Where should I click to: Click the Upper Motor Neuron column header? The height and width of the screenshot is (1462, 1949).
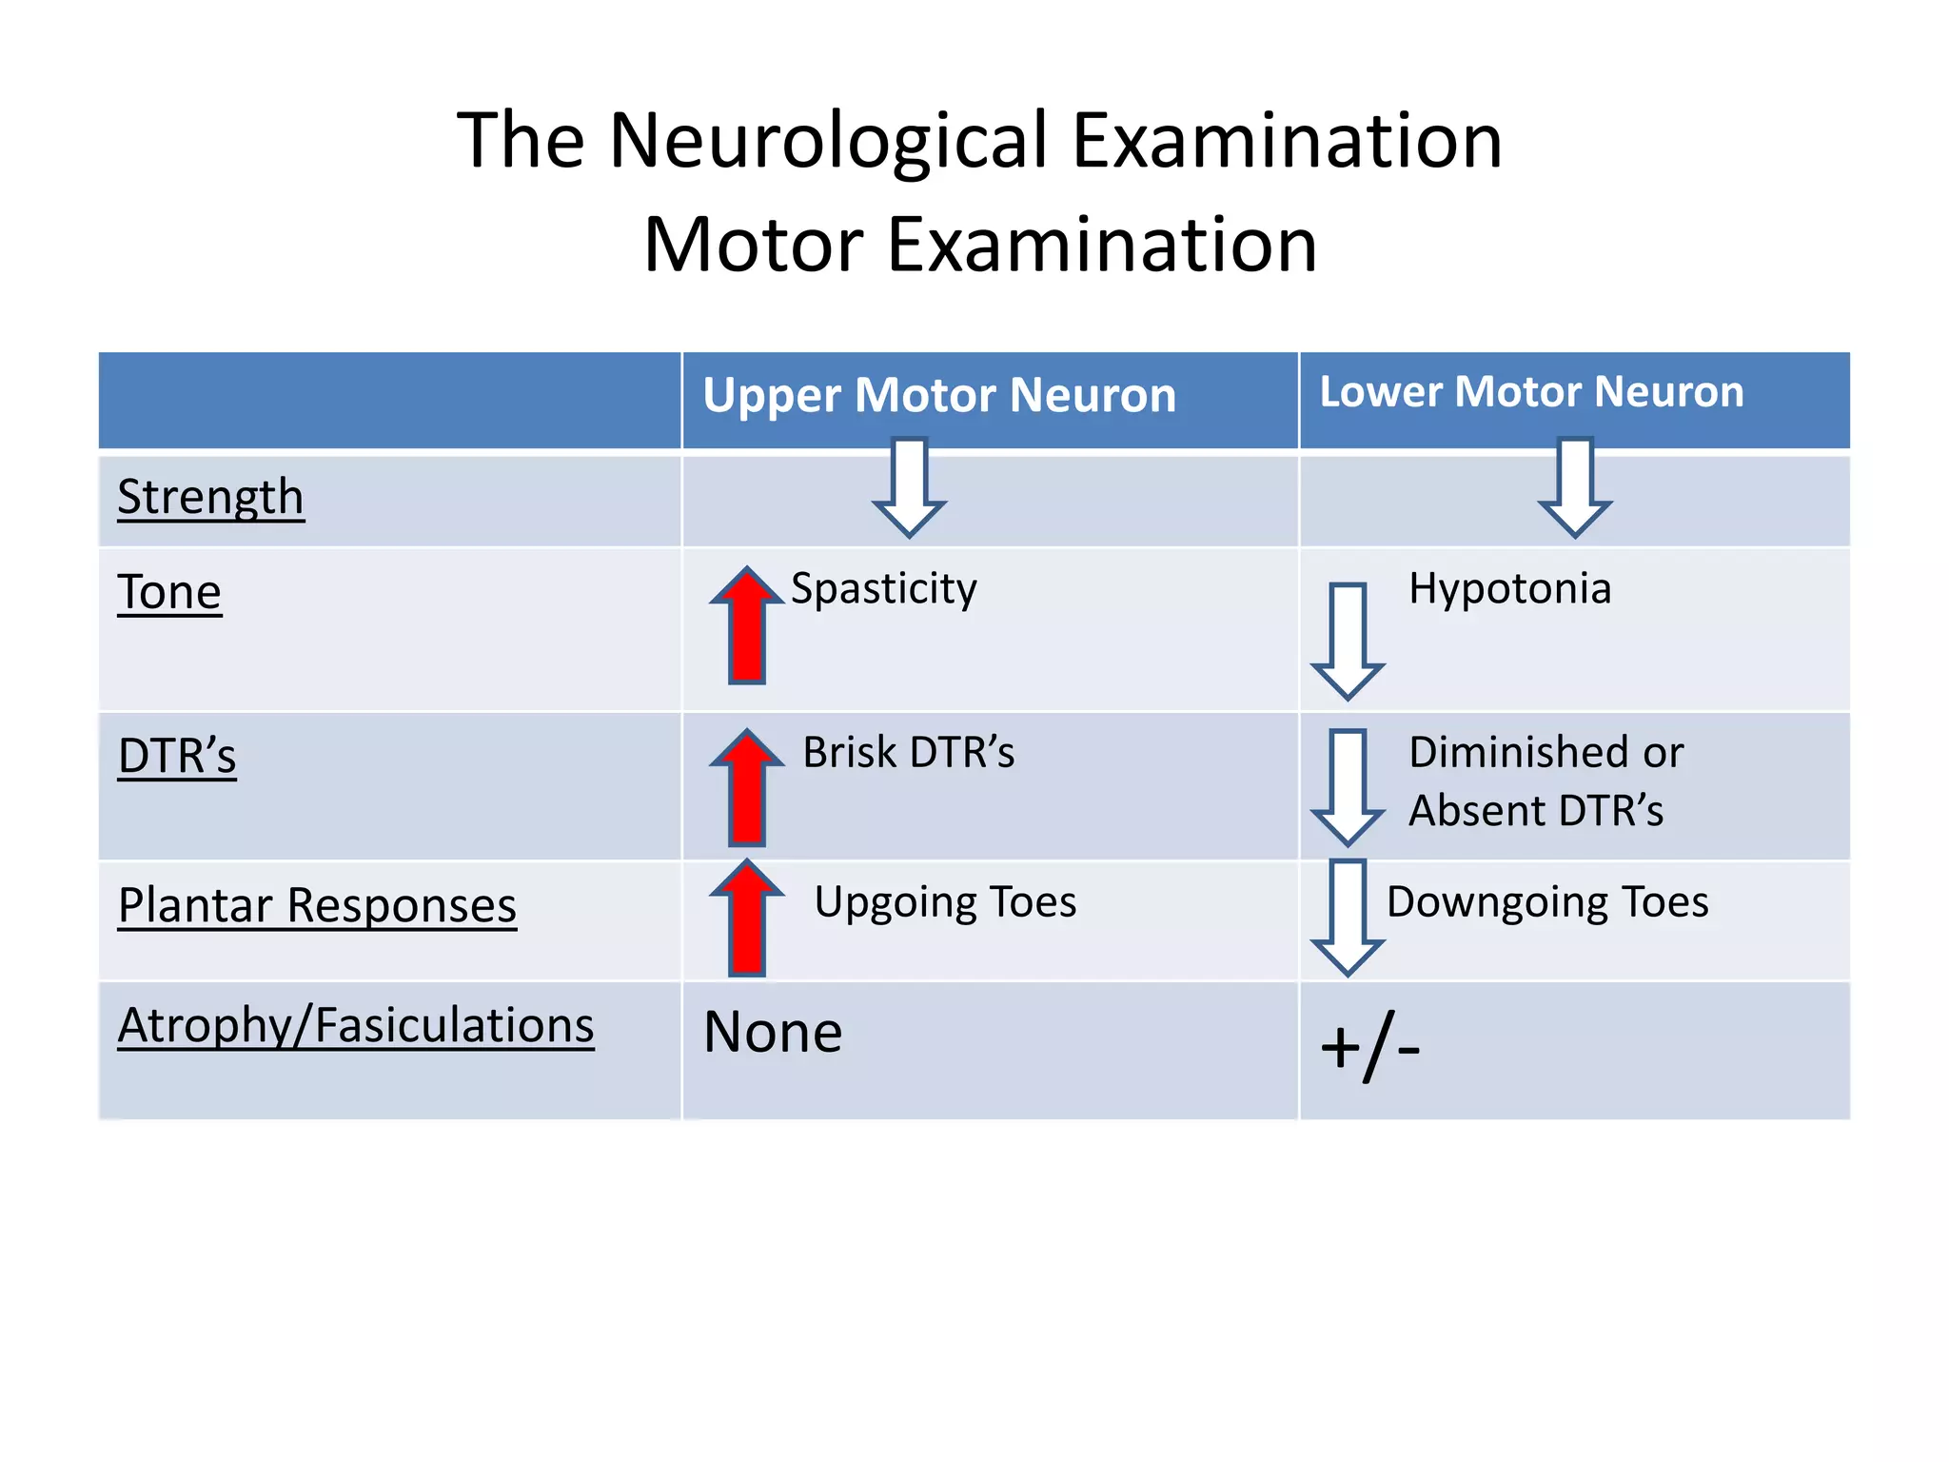939,395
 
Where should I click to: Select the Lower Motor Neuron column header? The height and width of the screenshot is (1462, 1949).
1531,392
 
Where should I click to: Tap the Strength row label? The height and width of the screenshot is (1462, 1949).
210,497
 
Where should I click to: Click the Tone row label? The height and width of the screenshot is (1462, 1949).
169,592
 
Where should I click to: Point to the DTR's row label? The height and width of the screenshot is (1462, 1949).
177,756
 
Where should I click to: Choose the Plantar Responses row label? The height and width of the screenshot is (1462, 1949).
317,905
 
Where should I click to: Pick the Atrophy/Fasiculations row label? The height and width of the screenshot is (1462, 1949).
356,1025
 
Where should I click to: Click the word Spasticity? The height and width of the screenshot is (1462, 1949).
883,588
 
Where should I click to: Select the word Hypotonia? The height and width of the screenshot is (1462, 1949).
1510,588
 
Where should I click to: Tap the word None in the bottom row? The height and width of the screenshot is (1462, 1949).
773,1032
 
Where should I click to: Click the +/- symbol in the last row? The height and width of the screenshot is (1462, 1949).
1370,1048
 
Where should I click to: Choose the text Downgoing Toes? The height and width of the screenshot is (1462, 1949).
1547,901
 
